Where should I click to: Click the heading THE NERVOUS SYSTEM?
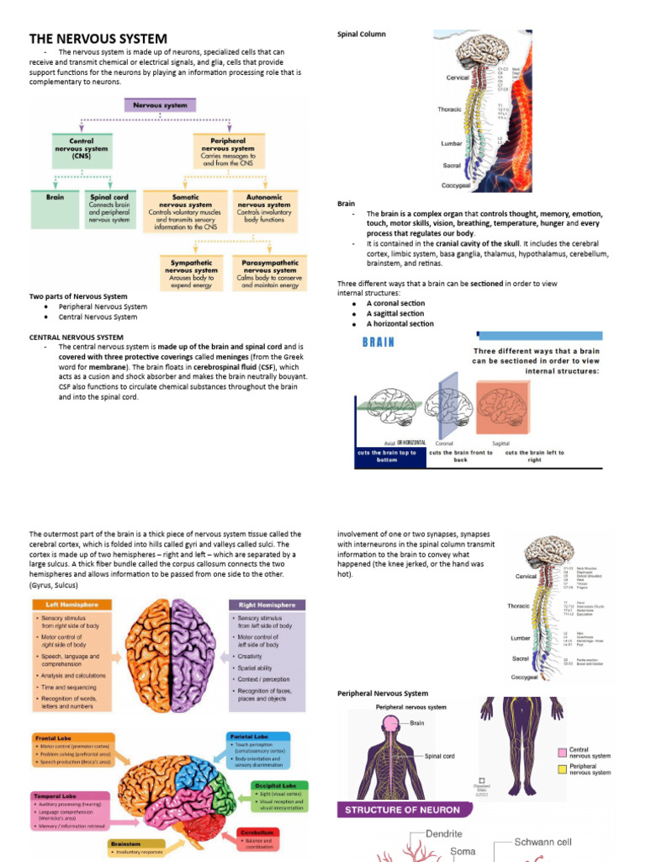click(98, 39)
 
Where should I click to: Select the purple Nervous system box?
click(161, 105)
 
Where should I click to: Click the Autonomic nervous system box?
click(264, 210)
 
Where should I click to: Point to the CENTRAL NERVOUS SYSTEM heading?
click(77, 338)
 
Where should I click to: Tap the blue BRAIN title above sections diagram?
click(379, 343)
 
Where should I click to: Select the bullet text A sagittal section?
click(394, 313)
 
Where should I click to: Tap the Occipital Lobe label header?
click(272, 785)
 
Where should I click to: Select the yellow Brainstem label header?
click(135, 843)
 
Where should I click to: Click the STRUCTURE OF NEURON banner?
click(400, 810)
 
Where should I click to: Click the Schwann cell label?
click(543, 842)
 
